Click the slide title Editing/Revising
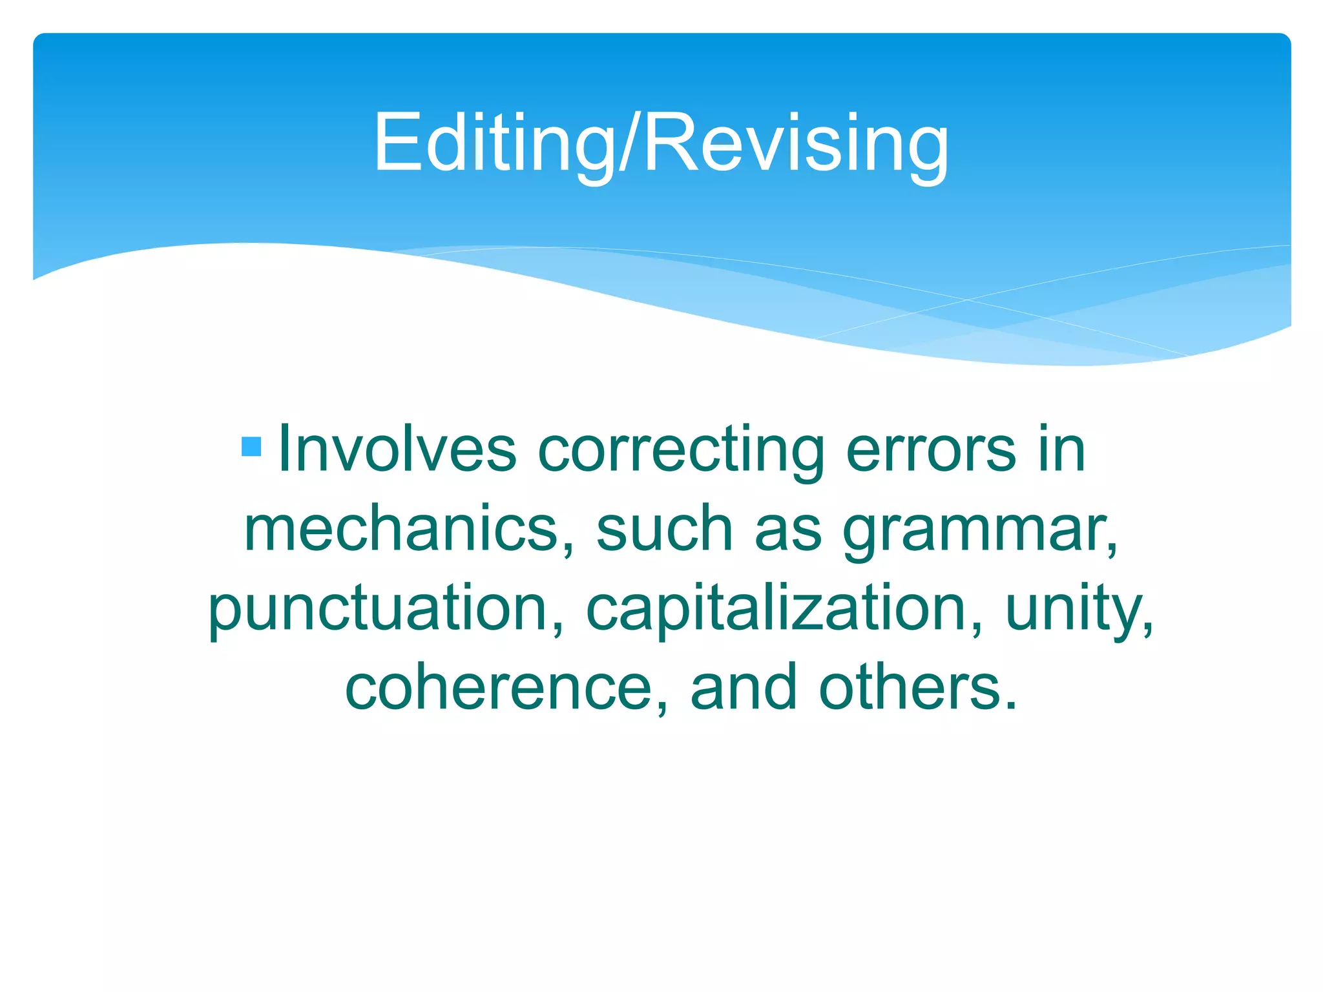click(x=661, y=143)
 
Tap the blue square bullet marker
click(x=251, y=446)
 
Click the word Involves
click(x=397, y=449)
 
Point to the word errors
click(x=931, y=449)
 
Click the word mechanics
click(x=401, y=529)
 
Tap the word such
click(x=664, y=529)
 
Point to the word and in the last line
click(x=744, y=688)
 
